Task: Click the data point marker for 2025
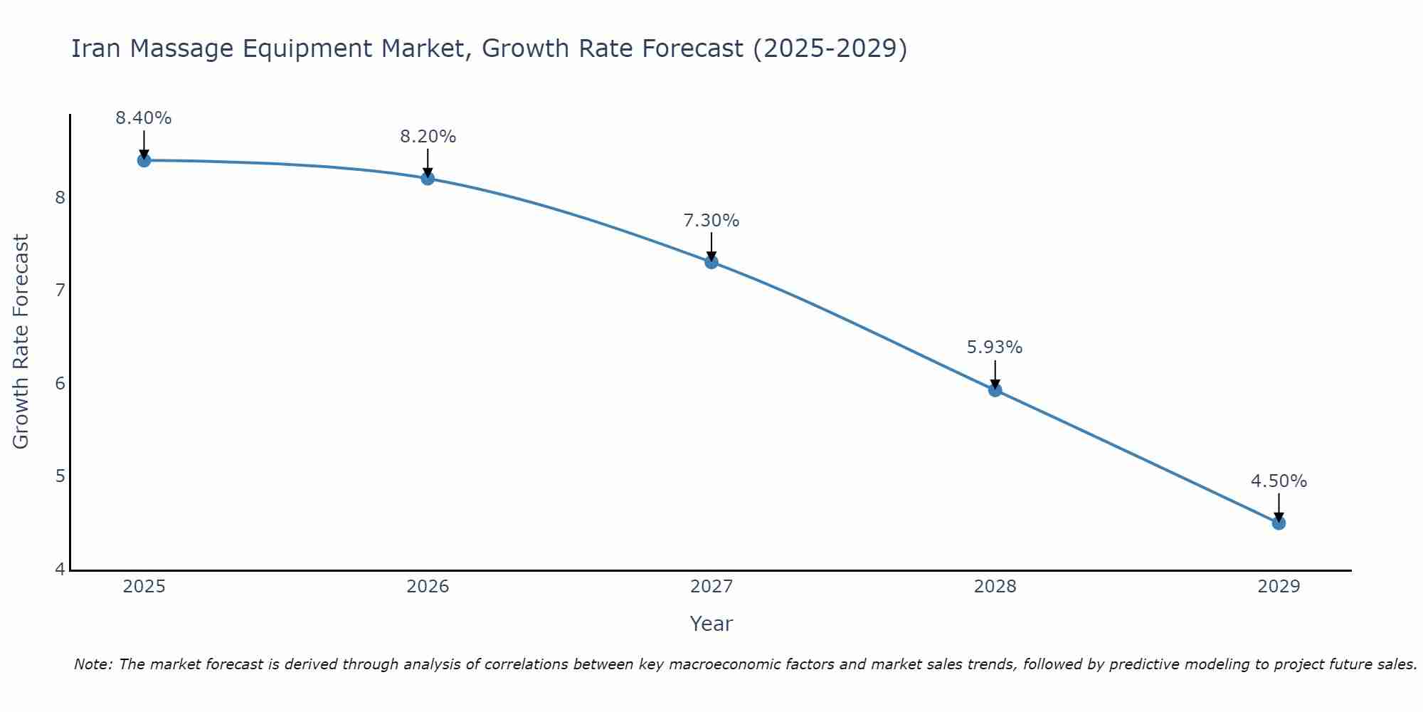click(x=144, y=160)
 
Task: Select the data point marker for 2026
click(x=428, y=178)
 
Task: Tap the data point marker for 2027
click(x=711, y=262)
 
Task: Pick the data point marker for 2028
click(x=995, y=389)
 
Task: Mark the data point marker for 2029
click(x=1279, y=523)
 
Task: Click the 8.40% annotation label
click(x=144, y=118)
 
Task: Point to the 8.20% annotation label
click(x=428, y=137)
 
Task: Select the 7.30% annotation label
click(x=711, y=221)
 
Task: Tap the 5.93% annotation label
click(x=995, y=347)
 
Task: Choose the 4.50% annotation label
click(x=1279, y=481)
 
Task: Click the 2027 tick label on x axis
click(x=711, y=587)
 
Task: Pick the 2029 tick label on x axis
click(x=1279, y=587)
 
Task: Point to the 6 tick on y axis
click(x=60, y=384)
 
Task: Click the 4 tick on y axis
click(x=60, y=570)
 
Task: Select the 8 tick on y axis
click(x=60, y=197)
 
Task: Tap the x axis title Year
click(x=711, y=624)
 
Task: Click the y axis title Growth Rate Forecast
click(x=21, y=342)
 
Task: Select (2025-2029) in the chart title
click(x=830, y=48)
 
